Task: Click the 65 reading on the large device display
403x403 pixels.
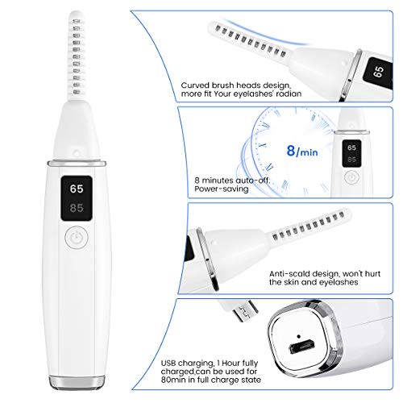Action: (77, 189)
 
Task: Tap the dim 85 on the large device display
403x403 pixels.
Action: (77, 208)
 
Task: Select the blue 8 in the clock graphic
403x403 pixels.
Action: (291, 151)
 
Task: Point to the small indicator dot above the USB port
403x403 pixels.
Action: (299, 336)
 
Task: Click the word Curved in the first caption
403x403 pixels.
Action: (195, 85)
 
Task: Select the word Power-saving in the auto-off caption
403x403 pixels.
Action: (222, 189)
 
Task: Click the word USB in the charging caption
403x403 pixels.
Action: (168, 363)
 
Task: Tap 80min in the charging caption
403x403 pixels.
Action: (173, 380)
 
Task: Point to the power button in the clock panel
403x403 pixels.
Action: (351, 177)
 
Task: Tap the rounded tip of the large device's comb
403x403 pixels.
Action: (76, 14)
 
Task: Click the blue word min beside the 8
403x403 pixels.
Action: (309, 152)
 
